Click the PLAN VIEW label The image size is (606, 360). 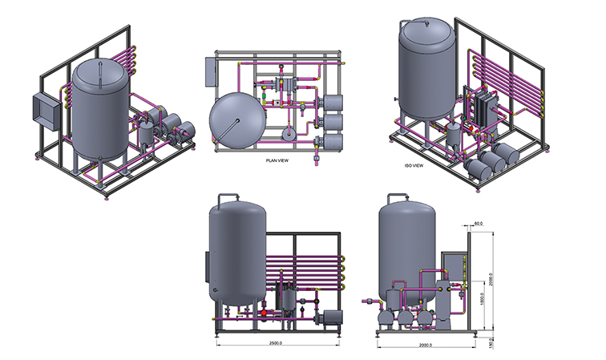[276, 160]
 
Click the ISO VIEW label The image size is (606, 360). [414, 167]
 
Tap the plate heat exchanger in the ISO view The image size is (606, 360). [486, 118]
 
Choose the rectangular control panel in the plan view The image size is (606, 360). [209, 72]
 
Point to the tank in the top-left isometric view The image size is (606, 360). [99, 108]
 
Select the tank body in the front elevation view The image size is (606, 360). [237, 253]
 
